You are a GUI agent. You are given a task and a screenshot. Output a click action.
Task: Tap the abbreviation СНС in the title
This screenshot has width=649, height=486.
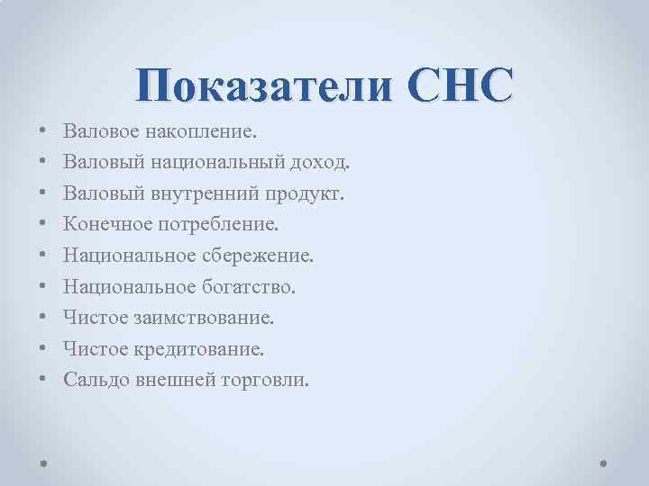(x=460, y=85)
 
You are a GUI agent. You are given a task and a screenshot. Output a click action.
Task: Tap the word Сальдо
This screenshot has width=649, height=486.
(x=96, y=379)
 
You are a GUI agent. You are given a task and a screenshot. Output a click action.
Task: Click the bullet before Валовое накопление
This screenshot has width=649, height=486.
(x=43, y=132)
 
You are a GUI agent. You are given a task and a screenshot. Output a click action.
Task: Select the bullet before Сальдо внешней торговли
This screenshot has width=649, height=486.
(x=43, y=379)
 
